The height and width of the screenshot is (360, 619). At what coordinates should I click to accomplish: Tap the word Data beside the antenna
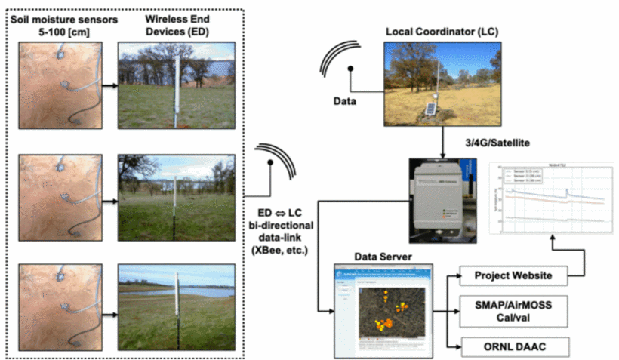pos(346,99)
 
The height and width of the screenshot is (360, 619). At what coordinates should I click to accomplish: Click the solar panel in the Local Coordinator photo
pos(429,110)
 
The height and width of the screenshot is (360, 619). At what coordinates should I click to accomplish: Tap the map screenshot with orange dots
pos(384,310)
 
